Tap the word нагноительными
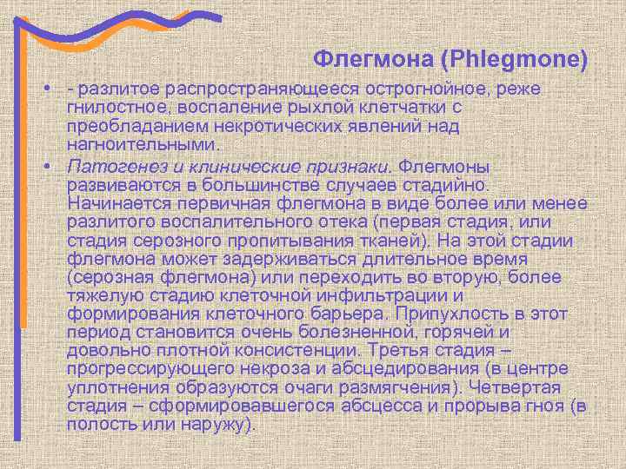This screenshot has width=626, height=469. (144, 144)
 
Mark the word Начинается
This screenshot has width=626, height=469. (114, 203)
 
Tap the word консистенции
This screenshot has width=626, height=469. (296, 351)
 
